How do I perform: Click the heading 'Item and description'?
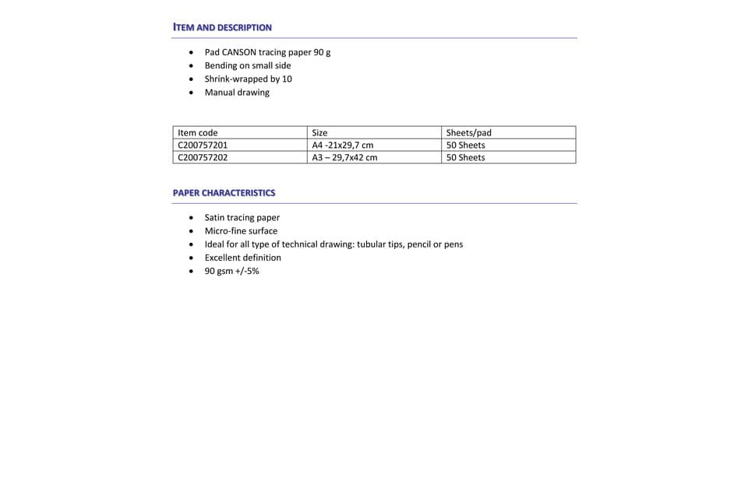[222, 27]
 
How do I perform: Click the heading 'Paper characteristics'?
[224, 193]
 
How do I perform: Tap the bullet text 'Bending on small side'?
[247, 65]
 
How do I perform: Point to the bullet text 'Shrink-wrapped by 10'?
[248, 79]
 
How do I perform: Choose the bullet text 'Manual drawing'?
[237, 92]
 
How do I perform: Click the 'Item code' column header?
[198, 133]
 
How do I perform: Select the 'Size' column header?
[319, 133]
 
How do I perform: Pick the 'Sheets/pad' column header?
[468, 133]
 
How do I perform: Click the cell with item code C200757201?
[203, 146]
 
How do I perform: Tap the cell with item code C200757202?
[203, 157]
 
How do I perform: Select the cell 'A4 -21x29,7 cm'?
[342, 146]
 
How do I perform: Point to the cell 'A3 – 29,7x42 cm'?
[344, 157]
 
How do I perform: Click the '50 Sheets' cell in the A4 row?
[465, 146]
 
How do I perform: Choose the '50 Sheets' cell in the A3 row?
[465, 157]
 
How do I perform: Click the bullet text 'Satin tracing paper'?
[242, 218]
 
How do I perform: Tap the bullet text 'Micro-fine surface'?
[241, 231]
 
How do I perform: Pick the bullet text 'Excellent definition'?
[242, 258]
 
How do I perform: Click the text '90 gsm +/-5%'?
[231, 271]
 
